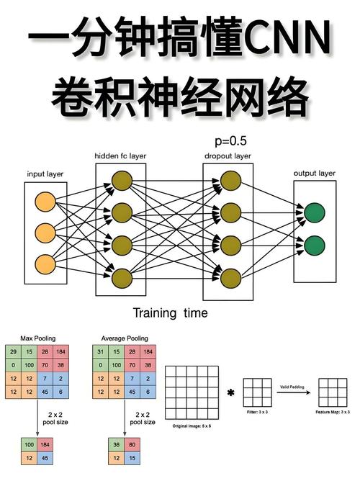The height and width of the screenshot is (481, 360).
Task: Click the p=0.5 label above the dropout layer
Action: point(230,141)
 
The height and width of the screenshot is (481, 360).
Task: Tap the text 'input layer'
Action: point(45,174)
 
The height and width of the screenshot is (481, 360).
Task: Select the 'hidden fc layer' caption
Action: point(120,156)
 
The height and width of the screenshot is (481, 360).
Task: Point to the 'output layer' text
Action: point(315,174)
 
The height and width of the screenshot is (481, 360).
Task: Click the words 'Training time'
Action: point(170,313)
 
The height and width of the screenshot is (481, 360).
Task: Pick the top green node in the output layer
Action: point(314,213)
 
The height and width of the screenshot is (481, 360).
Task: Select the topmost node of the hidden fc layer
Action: point(121,180)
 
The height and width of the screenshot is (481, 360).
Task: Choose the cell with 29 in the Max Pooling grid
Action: point(14,351)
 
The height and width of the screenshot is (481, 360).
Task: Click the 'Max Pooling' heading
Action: point(37,338)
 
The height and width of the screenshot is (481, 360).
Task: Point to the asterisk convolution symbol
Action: point(230,393)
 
